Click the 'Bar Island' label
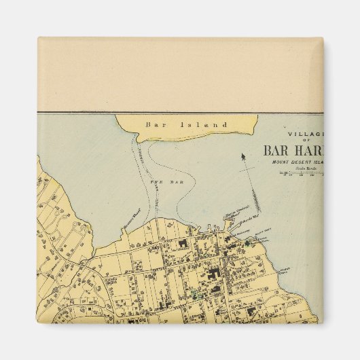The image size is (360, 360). pos(185,124)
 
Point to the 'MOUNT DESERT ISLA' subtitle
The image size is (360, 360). pos(302,164)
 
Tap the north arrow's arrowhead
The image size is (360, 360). pos(242,158)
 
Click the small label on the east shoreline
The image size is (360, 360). pos(284,270)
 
